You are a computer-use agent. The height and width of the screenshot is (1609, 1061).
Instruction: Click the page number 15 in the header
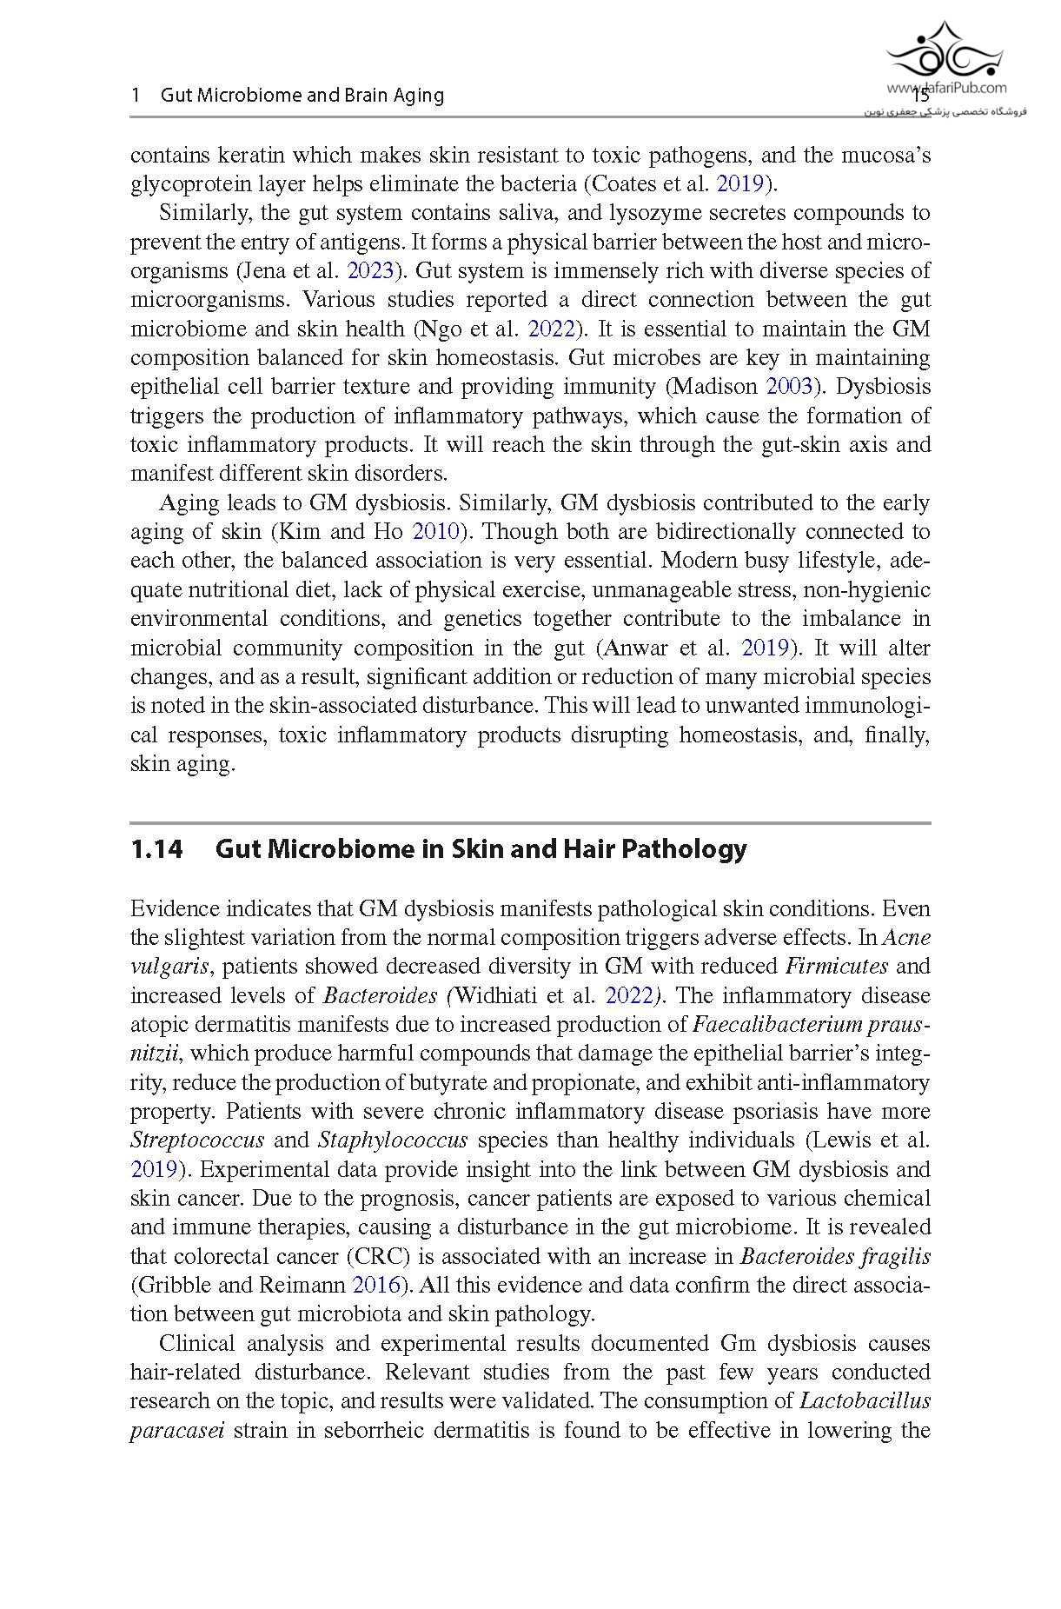[920, 96]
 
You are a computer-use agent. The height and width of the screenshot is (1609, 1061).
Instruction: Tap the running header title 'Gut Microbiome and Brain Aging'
[302, 96]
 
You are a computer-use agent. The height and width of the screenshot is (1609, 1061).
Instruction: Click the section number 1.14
[156, 848]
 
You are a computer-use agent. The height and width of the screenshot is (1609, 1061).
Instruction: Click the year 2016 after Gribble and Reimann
[377, 1285]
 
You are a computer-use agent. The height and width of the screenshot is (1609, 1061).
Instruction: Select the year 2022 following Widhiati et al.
[629, 995]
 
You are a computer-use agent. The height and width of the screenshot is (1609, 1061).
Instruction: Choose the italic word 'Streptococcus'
[196, 1140]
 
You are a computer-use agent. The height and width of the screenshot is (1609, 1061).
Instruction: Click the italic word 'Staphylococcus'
[393, 1140]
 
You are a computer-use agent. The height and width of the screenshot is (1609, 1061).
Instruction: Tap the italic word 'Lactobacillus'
[865, 1400]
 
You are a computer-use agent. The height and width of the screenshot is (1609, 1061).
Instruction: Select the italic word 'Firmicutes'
[836, 966]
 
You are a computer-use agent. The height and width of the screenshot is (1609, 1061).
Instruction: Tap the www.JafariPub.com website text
[946, 87]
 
